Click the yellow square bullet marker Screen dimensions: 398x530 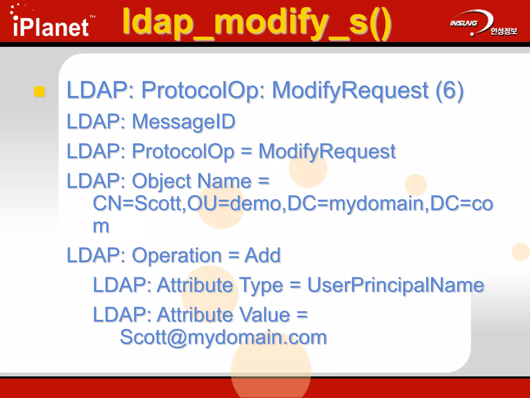click(39, 92)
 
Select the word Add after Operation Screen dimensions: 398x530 click(262, 255)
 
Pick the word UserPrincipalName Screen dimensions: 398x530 click(395, 285)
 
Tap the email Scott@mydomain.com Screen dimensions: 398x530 click(223, 337)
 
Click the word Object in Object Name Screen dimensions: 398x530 click(161, 181)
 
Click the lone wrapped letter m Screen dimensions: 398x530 click(101, 226)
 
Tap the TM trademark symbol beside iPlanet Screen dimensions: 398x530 click(92, 17)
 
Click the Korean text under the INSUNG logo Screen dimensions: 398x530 click(504, 31)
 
